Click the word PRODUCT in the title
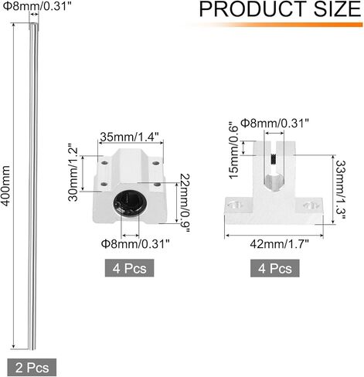click(247, 10)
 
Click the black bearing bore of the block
click(127, 204)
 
